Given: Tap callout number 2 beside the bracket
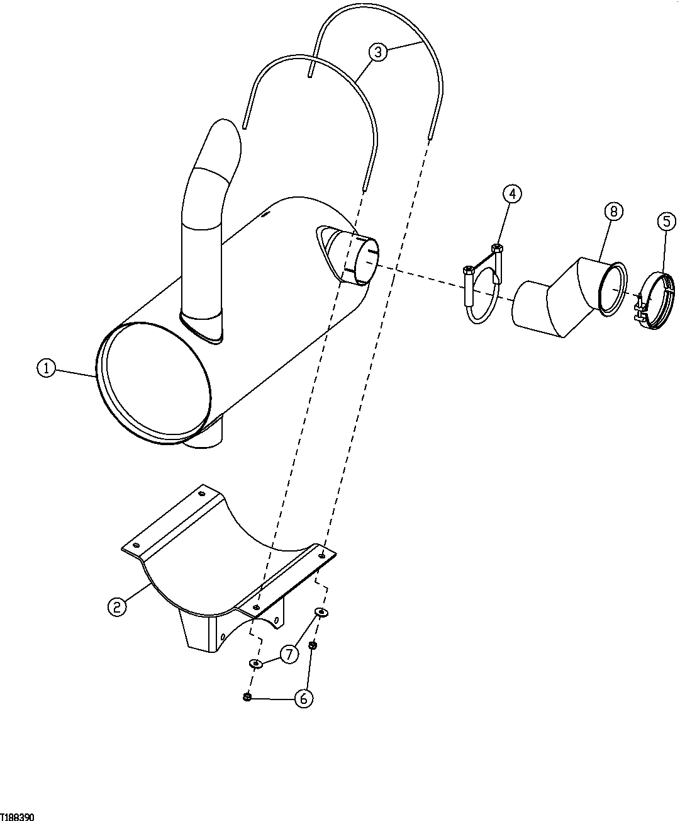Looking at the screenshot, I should (x=116, y=606).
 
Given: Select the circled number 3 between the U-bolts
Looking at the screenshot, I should (x=377, y=52).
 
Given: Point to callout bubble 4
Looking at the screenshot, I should (x=512, y=194).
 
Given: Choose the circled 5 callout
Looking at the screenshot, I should (x=666, y=221).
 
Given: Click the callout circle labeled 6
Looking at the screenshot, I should (x=304, y=698).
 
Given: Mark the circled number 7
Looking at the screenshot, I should (x=289, y=654).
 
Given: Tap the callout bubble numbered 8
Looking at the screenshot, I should (x=613, y=212).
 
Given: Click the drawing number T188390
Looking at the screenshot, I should (x=17, y=817).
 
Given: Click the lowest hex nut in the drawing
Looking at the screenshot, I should (x=247, y=696).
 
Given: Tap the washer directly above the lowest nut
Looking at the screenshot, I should (x=256, y=663).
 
